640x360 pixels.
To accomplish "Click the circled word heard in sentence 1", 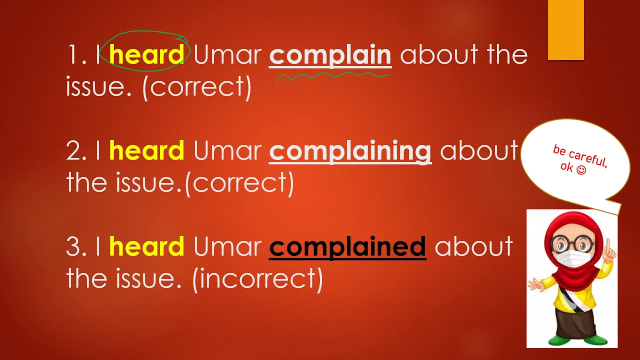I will click(x=146, y=54).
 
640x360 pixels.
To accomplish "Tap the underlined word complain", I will click(x=330, y=55).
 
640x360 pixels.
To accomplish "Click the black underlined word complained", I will click(x=347, y=247).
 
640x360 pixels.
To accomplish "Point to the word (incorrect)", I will click(x=257, y=279).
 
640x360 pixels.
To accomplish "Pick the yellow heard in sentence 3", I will click(x=146, y=247).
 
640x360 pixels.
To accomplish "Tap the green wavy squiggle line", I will click(x=333, y=76).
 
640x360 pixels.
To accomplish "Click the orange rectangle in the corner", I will click(x=566, y=30).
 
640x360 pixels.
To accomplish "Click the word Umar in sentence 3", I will click(x=227, y=247).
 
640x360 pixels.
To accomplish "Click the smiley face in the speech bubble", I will click(x=580, y=170).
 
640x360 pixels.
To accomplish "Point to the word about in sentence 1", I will click(x=433, y=55).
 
